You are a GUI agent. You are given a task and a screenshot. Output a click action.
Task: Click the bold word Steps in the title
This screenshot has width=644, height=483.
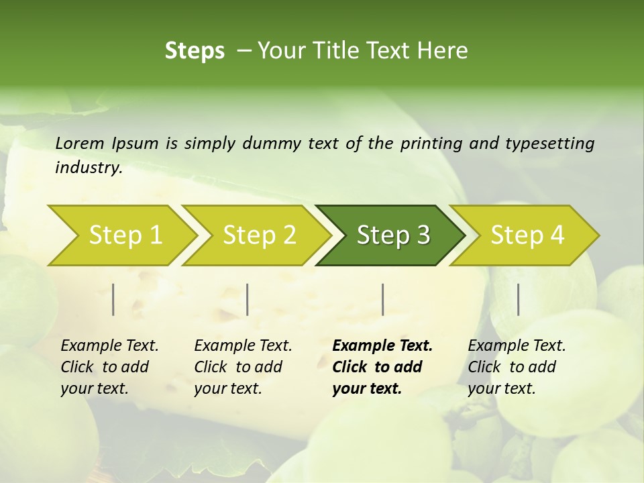[x=195, y=51]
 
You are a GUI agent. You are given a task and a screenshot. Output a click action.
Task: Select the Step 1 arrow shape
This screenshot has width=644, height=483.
[x=125, y=235]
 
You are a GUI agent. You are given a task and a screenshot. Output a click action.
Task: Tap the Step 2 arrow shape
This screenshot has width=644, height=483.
[x=259, y=235]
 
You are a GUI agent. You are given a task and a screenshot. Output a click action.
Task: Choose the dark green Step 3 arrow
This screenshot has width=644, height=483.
[x=392, y=235]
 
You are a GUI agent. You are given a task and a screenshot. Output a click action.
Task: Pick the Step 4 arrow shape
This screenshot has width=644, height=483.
[x=527, y=235]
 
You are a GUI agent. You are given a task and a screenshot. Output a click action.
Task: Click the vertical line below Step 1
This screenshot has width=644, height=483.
[x=113, y=299]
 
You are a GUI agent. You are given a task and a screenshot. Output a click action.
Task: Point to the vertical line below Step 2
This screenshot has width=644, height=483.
[x=248, y=299]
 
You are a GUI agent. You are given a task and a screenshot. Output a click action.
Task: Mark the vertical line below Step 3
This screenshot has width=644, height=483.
[x=382, y=299]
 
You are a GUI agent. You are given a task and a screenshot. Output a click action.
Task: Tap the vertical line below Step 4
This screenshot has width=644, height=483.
[x=519, y=299]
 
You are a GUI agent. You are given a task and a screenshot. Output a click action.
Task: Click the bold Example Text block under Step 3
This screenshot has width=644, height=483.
[x=382, y=367]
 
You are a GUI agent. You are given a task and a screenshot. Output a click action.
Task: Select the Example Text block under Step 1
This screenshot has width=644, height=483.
[x=109, y=367]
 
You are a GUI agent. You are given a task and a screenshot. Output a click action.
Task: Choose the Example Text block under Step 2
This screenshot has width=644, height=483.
[x=243, y=367]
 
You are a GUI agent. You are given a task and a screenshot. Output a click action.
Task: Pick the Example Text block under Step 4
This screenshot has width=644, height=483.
[x=517, y=367]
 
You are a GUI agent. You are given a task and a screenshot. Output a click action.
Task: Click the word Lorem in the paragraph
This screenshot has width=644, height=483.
[x=80, y=143]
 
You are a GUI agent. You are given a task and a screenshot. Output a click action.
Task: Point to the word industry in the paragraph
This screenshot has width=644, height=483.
[x=88, y=168]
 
